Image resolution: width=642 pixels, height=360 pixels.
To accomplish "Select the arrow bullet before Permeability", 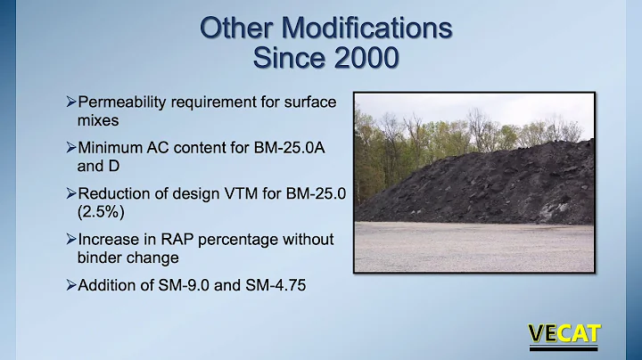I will [71, 102].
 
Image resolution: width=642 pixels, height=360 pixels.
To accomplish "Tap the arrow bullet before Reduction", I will [71, 194].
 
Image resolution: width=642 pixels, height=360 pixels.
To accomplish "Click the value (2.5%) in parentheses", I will [100, 212].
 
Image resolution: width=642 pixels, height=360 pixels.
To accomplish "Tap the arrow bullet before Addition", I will [71, 285].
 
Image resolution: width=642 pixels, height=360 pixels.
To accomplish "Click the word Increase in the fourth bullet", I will [111, 240].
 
